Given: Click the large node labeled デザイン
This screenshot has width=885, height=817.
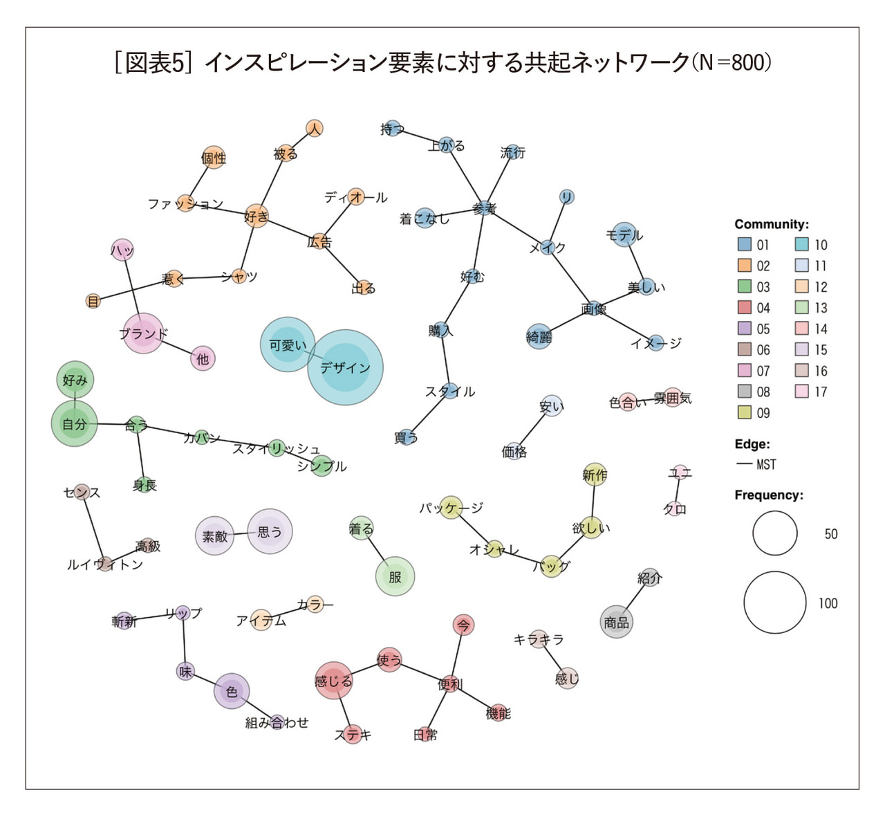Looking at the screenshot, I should (345, 367).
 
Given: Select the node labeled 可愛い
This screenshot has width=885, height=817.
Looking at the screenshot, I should (288, 345).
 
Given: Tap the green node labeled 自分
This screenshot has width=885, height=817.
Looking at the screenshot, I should (75, 423).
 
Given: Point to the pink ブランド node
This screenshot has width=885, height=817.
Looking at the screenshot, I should (143, 333).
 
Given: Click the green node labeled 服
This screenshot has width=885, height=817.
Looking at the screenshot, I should (395, 576).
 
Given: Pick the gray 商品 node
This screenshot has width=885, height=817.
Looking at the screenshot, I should (616, 621).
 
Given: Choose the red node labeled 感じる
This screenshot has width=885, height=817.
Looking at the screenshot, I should (333, 681).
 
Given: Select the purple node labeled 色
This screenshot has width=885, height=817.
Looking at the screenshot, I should (232, 691).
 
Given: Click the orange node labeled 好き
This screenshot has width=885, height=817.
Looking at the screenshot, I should (257, 217).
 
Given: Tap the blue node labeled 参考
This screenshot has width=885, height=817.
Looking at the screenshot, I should (484, 208).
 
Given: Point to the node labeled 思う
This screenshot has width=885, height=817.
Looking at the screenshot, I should (270, 531).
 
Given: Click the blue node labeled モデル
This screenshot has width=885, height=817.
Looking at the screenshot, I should (624, 235).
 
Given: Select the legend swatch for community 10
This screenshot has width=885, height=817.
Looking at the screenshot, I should (802, 244).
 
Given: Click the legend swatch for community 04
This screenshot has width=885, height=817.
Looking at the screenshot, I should (744, 308).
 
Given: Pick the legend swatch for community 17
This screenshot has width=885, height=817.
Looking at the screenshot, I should (802, 392).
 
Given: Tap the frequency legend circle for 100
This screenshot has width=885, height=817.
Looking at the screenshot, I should (775, 603).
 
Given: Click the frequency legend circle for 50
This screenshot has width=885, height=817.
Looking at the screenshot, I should (775, 533).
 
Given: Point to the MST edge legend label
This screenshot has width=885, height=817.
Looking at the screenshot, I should (766, 465).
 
